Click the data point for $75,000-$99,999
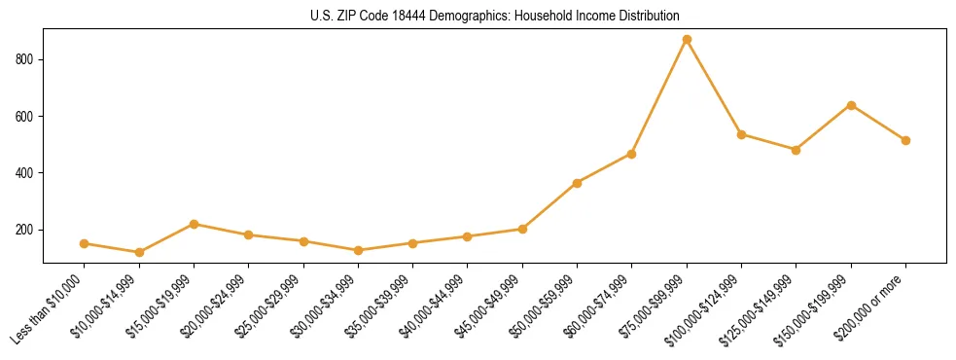coord(687,40)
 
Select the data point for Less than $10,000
coord(85,243)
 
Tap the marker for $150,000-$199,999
coord(851,105)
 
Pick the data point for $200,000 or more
coord(905,140)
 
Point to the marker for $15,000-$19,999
coord(194,224)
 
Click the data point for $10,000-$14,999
coord(139,252)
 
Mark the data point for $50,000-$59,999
coord(577,183)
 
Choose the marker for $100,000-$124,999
coord(741,134)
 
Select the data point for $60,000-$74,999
coord(632,154)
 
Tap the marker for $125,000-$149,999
coord(796,150)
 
